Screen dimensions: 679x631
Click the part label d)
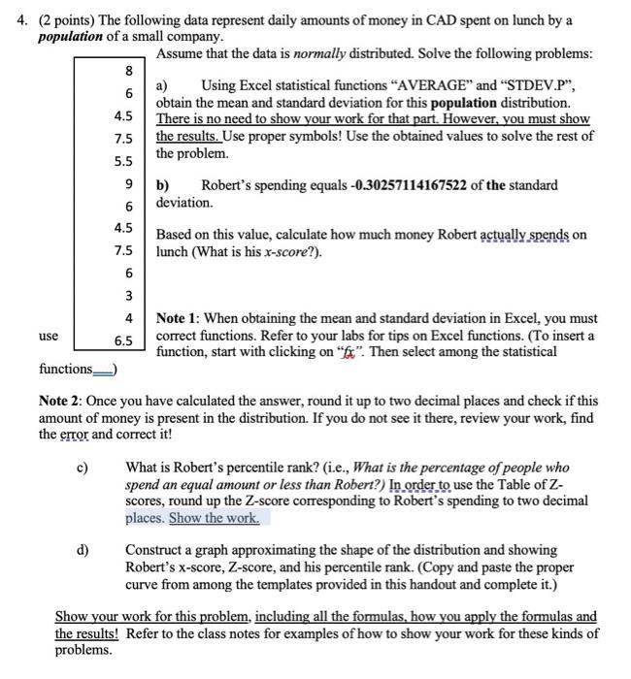83,550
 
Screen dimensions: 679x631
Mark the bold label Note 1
179,317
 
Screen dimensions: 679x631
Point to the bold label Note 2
61,400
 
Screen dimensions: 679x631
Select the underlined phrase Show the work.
214,518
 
